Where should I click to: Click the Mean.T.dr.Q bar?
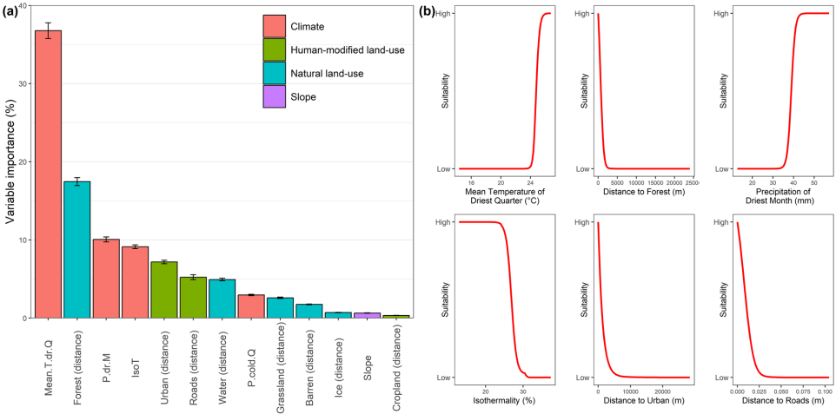pyautogui.click(x=48, y=174)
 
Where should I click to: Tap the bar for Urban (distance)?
pyautogui.click(x=164, y=290)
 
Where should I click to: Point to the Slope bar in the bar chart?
pyautogui.click(x=367, y=315)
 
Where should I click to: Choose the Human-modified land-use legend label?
pyautogui.click(x=348, y=50)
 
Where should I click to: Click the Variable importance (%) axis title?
pyautogui.click(x=10, y=162)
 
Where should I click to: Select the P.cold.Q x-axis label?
pyautogui.click(x=251, y=348)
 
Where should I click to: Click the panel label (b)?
pyautogui.click(x=428, y=12)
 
